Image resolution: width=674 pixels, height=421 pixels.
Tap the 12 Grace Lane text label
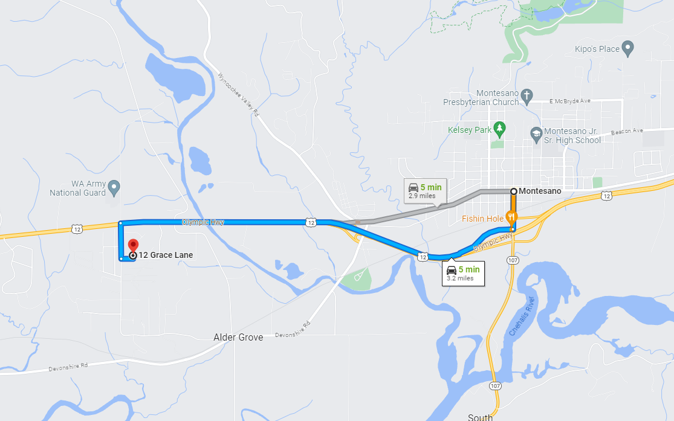166,255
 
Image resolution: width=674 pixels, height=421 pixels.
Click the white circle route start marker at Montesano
513,191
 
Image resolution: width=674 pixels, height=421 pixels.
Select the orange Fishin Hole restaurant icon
512,217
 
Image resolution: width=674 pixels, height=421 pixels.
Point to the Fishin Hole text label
482,218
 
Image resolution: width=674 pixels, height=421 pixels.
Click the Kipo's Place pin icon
627,48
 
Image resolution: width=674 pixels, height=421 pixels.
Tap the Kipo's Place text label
597,48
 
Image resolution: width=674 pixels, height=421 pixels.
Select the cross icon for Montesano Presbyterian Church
527,95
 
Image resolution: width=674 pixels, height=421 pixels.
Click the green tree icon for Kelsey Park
499,128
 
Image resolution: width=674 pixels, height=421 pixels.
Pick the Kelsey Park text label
470,130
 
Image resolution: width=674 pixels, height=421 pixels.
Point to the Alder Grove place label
238,337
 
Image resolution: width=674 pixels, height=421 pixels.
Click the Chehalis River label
521,318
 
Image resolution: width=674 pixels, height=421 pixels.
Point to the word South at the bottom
480,417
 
